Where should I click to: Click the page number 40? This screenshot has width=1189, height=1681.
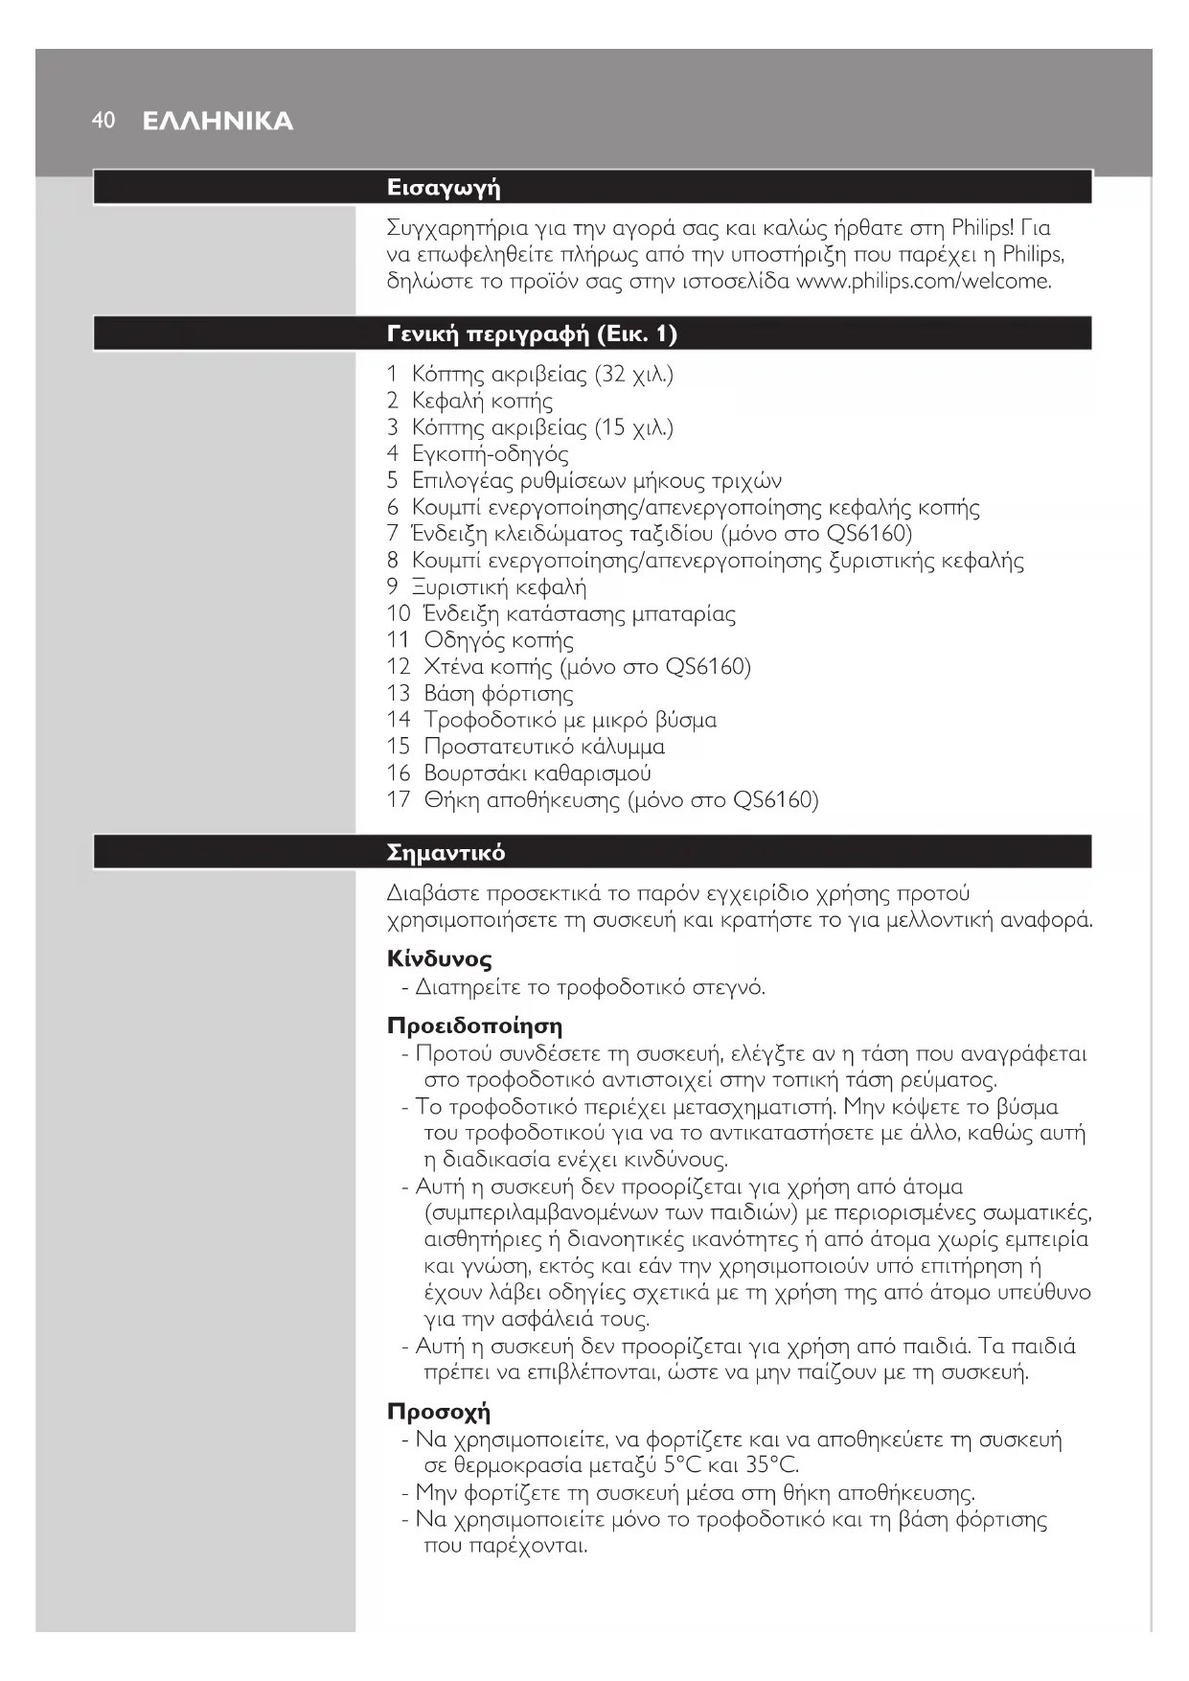103,120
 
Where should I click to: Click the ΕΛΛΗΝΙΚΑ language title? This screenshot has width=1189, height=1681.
217,122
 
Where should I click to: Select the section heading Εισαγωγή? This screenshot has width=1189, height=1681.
444,187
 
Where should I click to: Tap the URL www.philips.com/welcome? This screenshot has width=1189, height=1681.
924,281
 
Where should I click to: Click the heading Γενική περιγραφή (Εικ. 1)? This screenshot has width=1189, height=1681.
532,334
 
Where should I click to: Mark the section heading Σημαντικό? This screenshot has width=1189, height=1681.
446,852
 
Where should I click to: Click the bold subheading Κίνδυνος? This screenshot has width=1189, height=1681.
440,958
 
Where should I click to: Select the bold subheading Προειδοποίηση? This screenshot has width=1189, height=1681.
474,1025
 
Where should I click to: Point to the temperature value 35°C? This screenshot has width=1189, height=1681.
771,1464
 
